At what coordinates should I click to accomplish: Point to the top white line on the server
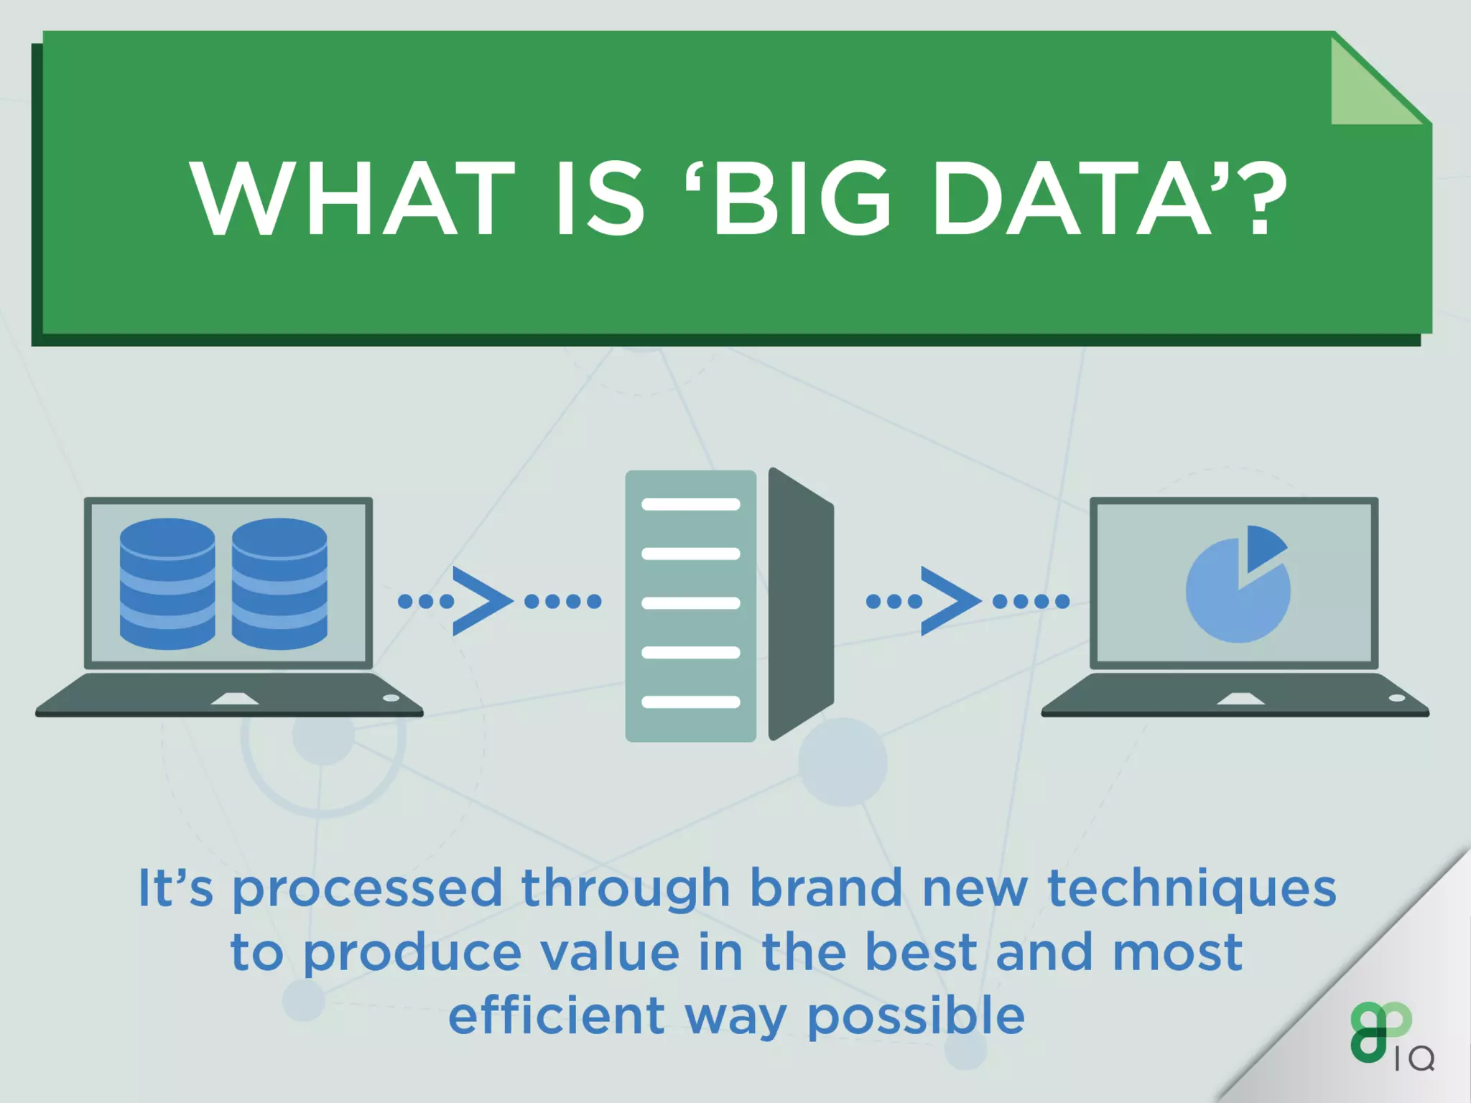(690, 504)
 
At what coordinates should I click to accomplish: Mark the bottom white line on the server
(690, 702)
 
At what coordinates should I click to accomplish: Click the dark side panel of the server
(800, 603)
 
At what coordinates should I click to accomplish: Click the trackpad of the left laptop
(234, 699)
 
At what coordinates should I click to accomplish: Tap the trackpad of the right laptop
(1240, 699)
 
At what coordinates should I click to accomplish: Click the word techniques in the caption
(1192, 888)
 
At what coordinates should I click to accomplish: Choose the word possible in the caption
(916, 1017)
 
